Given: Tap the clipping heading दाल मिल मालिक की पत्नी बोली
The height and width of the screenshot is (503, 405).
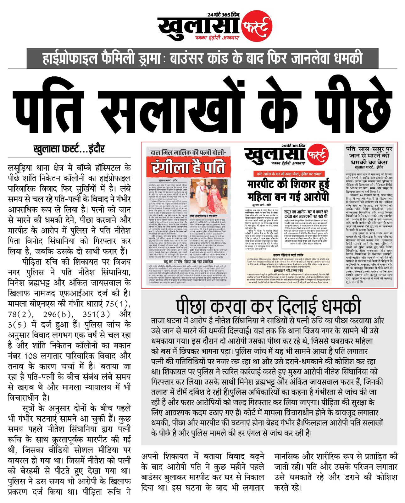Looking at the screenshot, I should [x=188, y=152].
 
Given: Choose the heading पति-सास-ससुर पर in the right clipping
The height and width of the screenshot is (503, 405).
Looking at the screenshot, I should [x=369, y=149].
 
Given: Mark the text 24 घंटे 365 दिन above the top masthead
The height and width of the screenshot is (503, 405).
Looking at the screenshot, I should [x=223, y=15].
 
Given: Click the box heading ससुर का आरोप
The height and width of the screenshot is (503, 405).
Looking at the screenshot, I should [x=305, y=212].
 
